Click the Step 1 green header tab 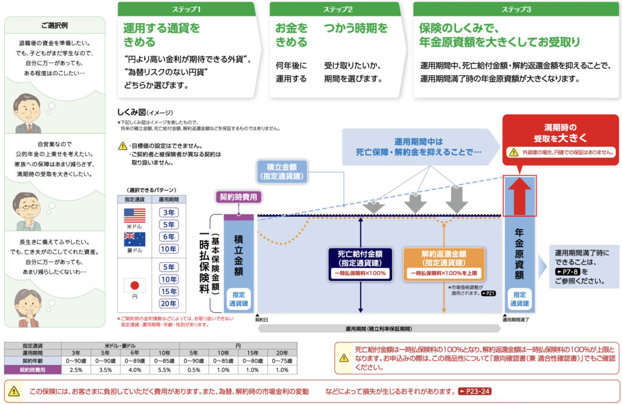pyautogui.click(x=187, y=10)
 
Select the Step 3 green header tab pyautogui.click(x=516, y=10)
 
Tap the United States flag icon pyautogui.click(x=134, y=216)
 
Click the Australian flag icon pyautogui.click(x=134, y=239)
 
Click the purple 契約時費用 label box pyautogui.click(x=238, y=197)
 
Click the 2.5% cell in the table pyautogui.click(x=76, y=369)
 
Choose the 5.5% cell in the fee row pyautogui.click(x=164, y=369)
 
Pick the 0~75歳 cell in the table pyautogui.click(x=282, y=361)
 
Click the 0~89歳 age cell pyautogui.click(x=135, y=361)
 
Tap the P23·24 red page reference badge pyautogui.click(x=474, y=391)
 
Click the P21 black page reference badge pyautogui.click(x=488, y=293)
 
